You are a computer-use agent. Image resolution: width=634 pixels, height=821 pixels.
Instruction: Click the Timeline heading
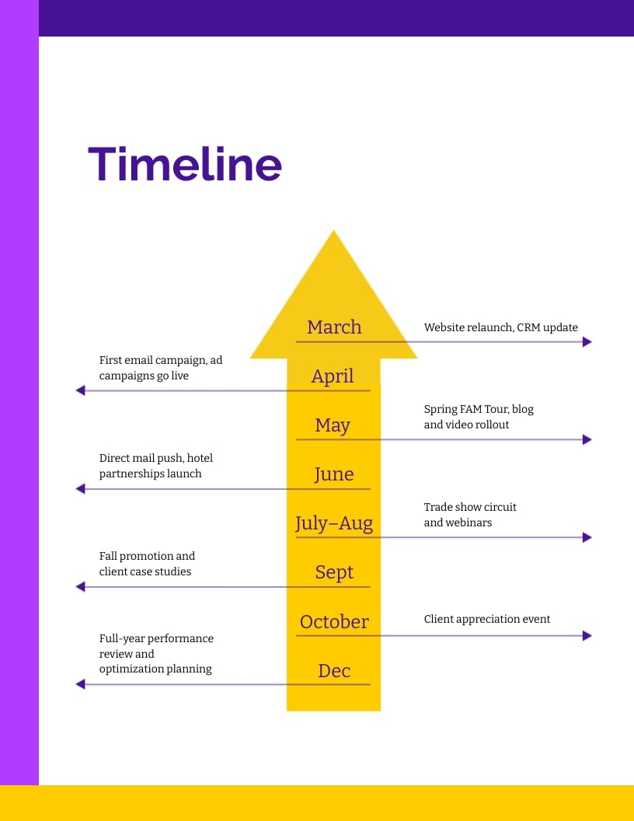tap(185, 164)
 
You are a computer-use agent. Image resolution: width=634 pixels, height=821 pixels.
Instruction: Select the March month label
tap(334, 327)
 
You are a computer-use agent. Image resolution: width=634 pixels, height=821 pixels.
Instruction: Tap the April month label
tap(333, 376)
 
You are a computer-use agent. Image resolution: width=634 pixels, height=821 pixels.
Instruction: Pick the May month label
tap(333, 425)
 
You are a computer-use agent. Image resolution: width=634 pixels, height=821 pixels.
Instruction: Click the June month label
tap(334, 474)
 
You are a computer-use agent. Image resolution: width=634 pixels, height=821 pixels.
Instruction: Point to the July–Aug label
tap(334, 523)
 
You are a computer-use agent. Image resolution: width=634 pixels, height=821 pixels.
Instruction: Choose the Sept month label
tap(334, 572)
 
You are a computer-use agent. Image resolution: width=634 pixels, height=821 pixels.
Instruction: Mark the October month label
tap(334, 621)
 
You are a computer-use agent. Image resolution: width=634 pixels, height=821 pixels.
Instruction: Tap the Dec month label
tap(334, 670)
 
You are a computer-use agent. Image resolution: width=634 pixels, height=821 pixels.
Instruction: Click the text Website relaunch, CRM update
tap(500, 327)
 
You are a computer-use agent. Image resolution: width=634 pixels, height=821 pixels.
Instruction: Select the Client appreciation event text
tap(486, 619)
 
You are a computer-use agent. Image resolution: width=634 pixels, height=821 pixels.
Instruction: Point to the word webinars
tap(469, 522)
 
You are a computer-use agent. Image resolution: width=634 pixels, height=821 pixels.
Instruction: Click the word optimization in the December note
tap(131, 669)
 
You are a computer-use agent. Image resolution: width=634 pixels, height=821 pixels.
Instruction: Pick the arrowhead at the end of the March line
tap(587, 341)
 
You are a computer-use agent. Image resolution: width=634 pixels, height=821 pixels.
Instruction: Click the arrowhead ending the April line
tap(80, 390)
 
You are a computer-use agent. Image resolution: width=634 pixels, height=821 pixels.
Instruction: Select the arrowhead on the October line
tap(587, 636)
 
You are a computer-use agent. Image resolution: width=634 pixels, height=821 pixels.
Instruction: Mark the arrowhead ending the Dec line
tap(80, 684)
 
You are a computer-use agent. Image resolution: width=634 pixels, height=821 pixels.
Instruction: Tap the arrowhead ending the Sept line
tap(80, 587)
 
